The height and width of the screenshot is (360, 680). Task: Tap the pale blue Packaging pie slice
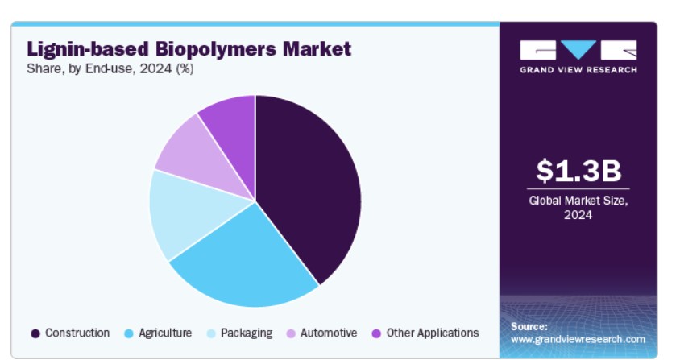(191, 213)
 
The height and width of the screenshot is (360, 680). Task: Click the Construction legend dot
(35, 333)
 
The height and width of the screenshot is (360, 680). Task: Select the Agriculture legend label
(165, 333)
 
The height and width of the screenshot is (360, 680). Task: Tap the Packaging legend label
(247, 333)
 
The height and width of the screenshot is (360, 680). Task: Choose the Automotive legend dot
(291, 333)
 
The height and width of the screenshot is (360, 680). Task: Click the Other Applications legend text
(433, 333)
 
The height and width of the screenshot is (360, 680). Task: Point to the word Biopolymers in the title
(216, 49)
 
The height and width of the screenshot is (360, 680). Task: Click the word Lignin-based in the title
(88, 49)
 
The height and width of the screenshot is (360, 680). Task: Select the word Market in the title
(317, 48)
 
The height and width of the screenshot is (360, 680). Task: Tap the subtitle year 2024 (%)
(167, 69)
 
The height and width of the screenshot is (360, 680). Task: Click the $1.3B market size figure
(578, 171)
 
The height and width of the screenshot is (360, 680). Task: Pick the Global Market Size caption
(578, 207)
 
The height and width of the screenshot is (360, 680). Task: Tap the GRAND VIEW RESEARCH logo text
(578, 70)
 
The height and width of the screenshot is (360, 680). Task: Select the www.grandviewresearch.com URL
(578, 339)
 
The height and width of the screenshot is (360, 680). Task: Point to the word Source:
(529, 326)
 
